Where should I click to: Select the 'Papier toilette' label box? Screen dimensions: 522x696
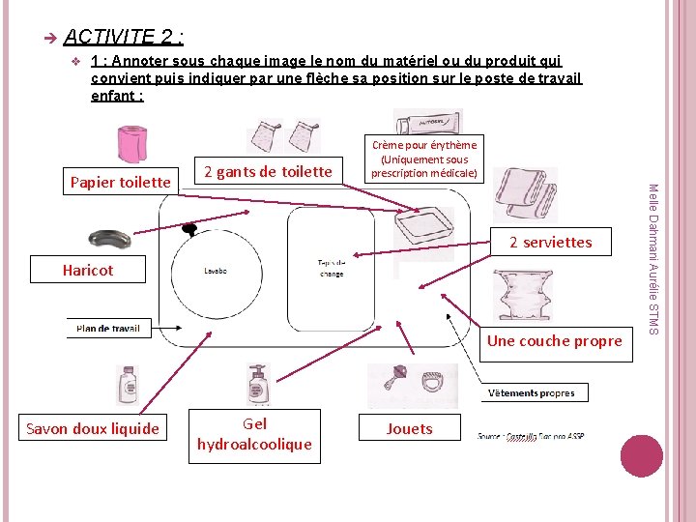click(x=121, y=181)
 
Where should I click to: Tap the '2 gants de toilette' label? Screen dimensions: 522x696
click(x=268, y=172)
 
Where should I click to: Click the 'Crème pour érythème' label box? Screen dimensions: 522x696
click(x=423, y=159)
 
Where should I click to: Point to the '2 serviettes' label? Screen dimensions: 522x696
click(x=550, y=242)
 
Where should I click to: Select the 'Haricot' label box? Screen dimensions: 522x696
click(x=88, y=270)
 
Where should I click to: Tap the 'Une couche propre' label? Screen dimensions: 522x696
click(x=555, y=340)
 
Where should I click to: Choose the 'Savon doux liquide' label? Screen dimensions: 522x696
click(x=93, y=428)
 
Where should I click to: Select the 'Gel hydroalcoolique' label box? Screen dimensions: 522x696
click(x=255, y=434)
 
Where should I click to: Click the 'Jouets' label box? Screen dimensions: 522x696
click(x=410, y=428)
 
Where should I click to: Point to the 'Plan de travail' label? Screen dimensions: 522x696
click(x=108, y=329)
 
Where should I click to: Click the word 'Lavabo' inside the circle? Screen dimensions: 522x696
click(x=215, y=272)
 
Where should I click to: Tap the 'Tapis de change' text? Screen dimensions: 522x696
click(x=330, y=268)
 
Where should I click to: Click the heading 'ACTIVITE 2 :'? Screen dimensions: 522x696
click(x=124, y=37)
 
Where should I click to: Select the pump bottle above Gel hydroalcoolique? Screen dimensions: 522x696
click(x=256, y=385)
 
